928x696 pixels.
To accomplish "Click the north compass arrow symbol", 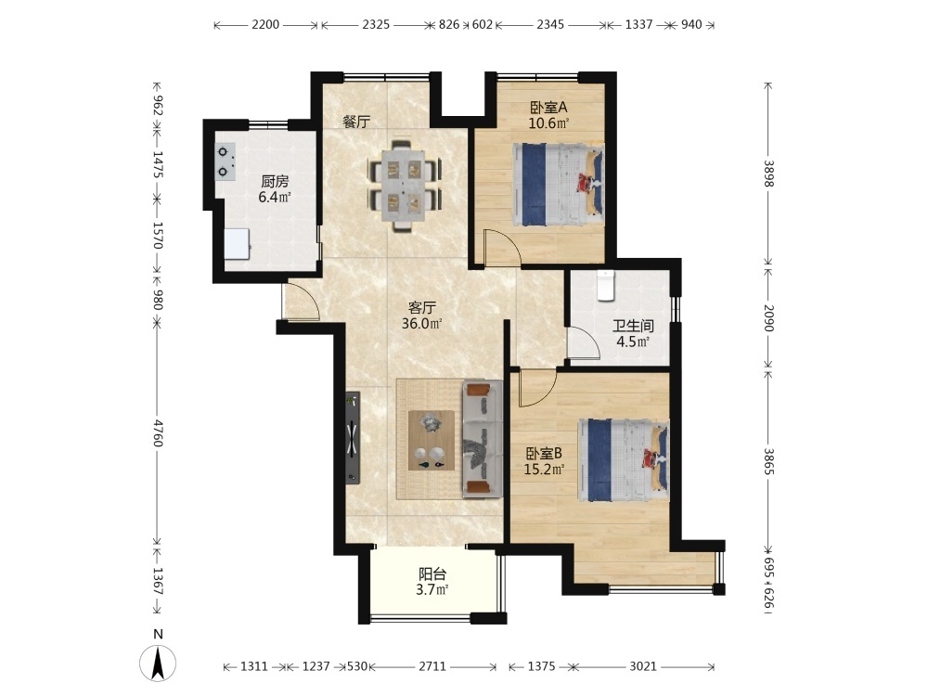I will (x=159, y=663).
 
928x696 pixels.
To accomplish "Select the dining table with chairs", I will (x=404, y=185).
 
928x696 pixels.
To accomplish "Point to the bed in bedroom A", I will (x=556, y=184).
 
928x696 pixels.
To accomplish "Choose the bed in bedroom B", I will (x=623, y=458).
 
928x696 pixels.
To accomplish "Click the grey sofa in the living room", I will (x=480, y=437).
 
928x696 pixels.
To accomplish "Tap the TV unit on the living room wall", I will (x=353, y=437).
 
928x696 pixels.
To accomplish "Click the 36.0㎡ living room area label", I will (x=422, y=324).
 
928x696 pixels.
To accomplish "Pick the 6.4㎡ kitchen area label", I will (x=274, y=197).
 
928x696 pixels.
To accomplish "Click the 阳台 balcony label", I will (x=433, y=574).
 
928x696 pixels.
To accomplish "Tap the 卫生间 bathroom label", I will (x=633, y=326).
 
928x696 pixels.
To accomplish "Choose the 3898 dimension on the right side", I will (x=767, y=173).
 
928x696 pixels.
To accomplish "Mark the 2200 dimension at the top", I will (x=265, y=25).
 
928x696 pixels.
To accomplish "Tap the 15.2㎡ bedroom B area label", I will (x=545, y=469).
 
